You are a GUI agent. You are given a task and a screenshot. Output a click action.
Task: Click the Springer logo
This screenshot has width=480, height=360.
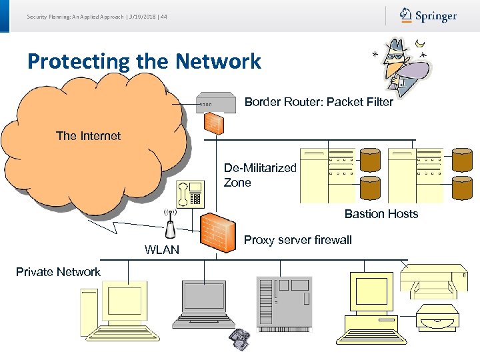tap(428, 15)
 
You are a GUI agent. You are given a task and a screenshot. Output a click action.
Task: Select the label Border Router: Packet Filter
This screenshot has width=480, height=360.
tap(318, 102)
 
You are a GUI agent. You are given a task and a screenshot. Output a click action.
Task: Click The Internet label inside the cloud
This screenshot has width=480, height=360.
tap(88, 136)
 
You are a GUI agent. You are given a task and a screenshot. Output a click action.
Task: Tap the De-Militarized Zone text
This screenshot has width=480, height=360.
tap(260, 175)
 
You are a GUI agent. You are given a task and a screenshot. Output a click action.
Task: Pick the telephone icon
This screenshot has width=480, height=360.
tap(190, 193)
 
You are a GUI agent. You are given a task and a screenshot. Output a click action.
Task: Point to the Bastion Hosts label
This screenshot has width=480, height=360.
tap(381, 214)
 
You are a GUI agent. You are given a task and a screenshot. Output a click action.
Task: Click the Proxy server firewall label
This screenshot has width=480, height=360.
tap(298, 240)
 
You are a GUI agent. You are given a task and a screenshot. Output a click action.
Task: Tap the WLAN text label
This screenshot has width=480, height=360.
tap(162, 250)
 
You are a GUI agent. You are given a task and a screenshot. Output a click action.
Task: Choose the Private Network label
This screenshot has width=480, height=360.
tap(58, 272)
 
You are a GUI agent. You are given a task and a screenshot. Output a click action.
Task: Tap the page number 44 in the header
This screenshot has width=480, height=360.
tap(164, 17)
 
